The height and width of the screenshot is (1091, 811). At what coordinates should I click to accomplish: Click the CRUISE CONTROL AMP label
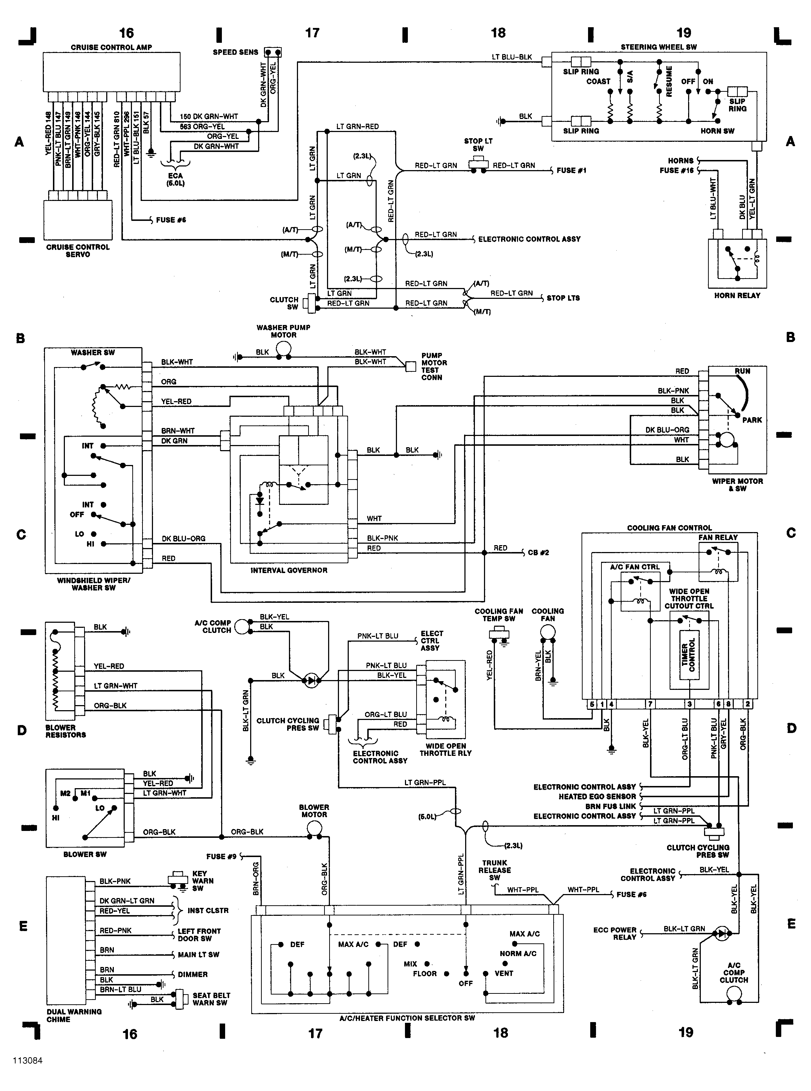point(111,47)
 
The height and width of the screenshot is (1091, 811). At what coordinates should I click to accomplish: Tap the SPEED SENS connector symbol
point(273,52)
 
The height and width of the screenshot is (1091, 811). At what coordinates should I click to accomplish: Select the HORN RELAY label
point(737,296)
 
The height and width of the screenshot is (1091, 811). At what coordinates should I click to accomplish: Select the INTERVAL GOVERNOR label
point(289,570)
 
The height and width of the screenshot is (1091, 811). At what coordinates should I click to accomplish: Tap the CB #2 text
point(538,552)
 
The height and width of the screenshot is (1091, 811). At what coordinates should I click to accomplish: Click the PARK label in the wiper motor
point(752,420)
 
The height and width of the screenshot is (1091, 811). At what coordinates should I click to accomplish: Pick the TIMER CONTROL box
point(689,655)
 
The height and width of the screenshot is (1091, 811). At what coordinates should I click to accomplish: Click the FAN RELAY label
point(718,538)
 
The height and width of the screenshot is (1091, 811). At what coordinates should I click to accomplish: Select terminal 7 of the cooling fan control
point(650,704)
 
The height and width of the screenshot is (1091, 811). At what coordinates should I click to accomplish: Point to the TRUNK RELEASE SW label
point(495,870)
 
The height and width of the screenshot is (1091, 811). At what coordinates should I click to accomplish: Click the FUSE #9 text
point(221,856)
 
